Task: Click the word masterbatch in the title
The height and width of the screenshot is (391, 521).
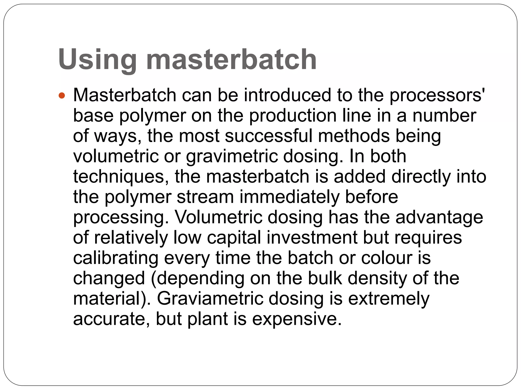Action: pyautogui.click(x=231, y=60)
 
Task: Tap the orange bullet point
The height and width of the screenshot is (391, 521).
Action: pyautogui.click(x=62, y=96)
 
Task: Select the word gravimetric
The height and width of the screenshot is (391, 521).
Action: pyautogui.click(x=232, y=157)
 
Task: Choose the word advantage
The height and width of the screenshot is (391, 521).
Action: pyautogui.click(x=439, y=218)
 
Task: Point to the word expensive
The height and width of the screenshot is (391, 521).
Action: pyautogui.click(x=297, y=319)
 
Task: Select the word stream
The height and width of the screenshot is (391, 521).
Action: pyautogui.click(x=205, y=197)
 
